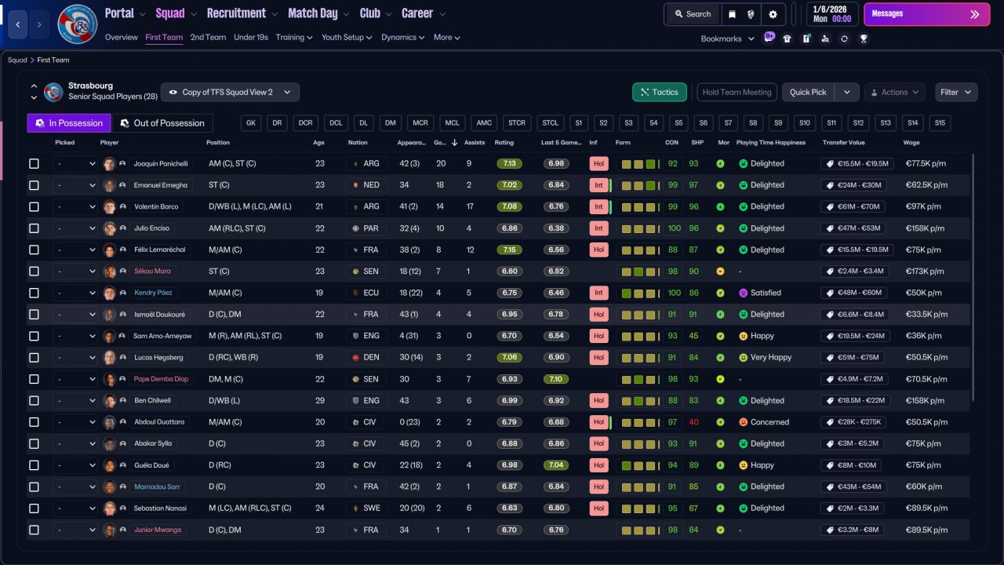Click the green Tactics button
(x=660, y=93)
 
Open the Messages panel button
(x=926, y=14)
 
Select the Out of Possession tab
(x=162, y=123)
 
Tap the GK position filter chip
(x=251, y=123)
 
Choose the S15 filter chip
(x=940, y=123)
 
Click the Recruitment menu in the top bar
(x=236, y=13)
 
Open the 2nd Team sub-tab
(x=208, y=37)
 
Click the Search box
(x=693, y=14)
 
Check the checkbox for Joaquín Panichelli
(x=34, y=164)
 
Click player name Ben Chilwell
(x=152, y=400)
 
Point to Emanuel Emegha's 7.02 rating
(x=509, y=185)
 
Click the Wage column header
(x=911, y=143)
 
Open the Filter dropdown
(x=956, y=93)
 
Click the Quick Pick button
(x=808, y=93)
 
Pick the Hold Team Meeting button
(x=737, y=93)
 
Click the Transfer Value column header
(x=843, y=143)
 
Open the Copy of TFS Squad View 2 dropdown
(x=230, y=93)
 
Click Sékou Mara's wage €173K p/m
(x=925, y=272)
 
